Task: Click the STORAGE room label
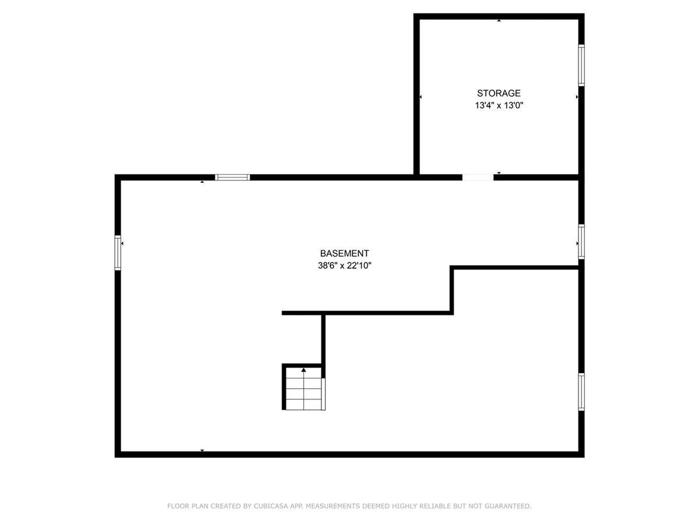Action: (x=498, y=93)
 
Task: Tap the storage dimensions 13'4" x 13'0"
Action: (x=498, y=106)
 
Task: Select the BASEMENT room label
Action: (x=344, y=253)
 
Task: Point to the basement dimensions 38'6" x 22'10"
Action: (x=344, y=266)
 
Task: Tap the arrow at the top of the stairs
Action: (x=304, y=370)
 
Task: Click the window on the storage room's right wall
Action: (x=581, y=65)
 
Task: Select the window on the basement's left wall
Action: (x=118, y=253)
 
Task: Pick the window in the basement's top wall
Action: (x=232, y=178)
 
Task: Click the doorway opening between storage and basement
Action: (x=478, y=178)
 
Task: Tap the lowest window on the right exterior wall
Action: (x=581, y=392)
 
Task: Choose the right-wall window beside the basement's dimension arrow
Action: (x=581, y=242)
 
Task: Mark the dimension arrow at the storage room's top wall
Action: (x=499, y=21)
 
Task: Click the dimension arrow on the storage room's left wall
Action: (x=421, y=97)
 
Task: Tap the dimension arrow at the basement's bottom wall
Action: (x=202, y=450)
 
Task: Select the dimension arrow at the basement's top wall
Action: (x=202, y=182)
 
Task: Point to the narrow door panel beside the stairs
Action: (x=324, y=394)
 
